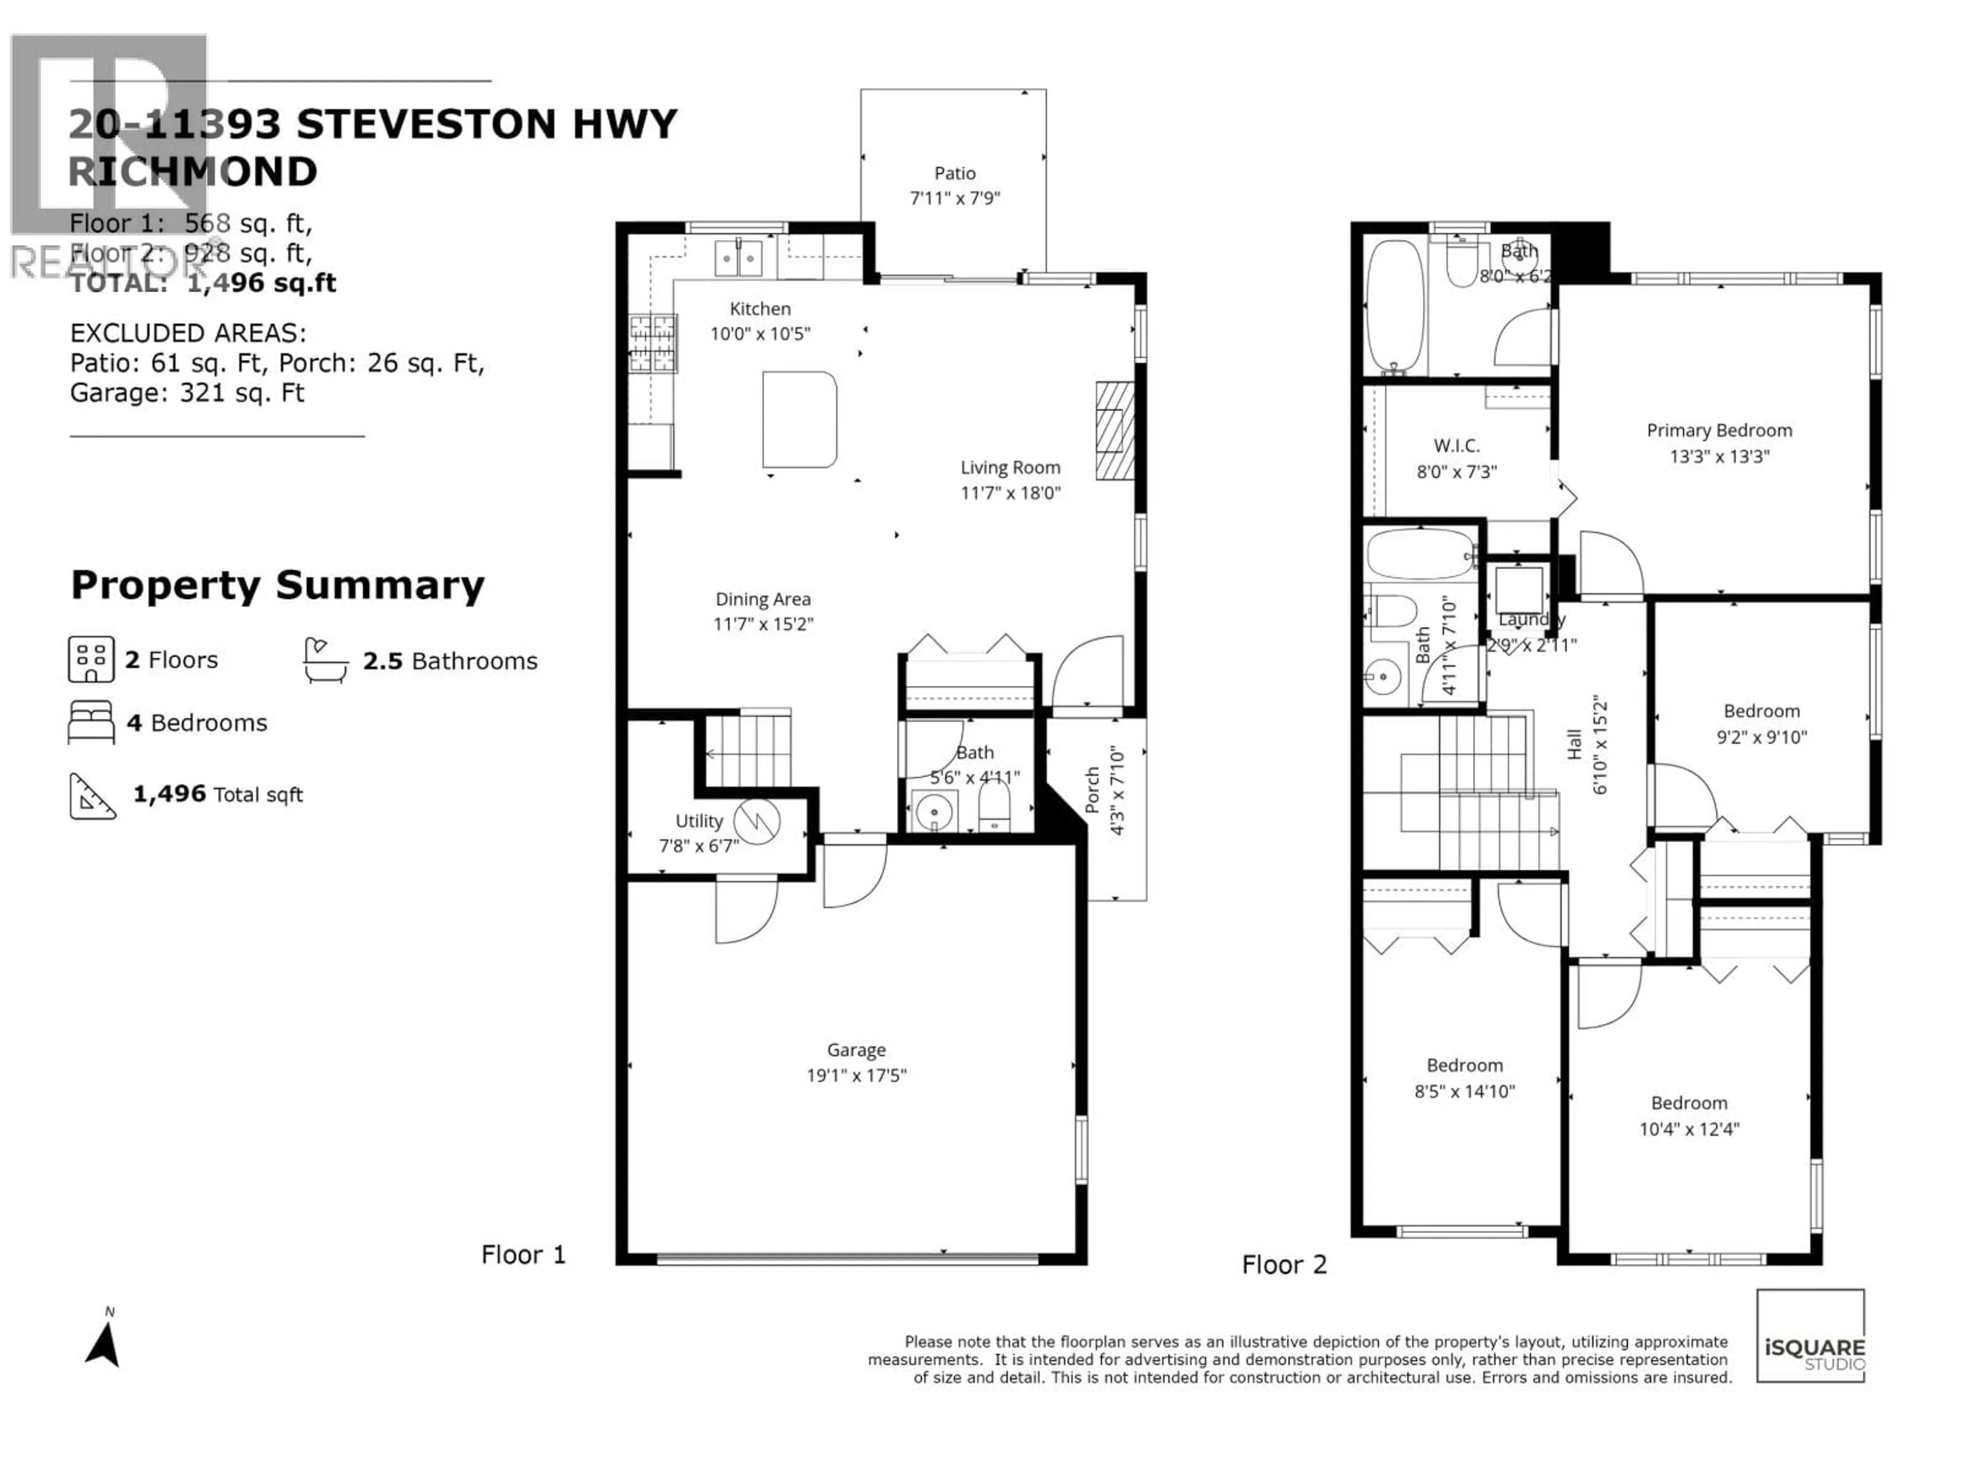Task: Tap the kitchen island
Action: pos(799,419)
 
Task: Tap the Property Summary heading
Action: pos(277,585)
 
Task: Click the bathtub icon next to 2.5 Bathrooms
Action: pos(325,660)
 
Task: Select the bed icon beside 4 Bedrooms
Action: pos(91,722)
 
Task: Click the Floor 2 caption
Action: pos(1284,1264)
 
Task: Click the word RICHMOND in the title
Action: pos(193,172)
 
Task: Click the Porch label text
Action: pos(1092,790)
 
